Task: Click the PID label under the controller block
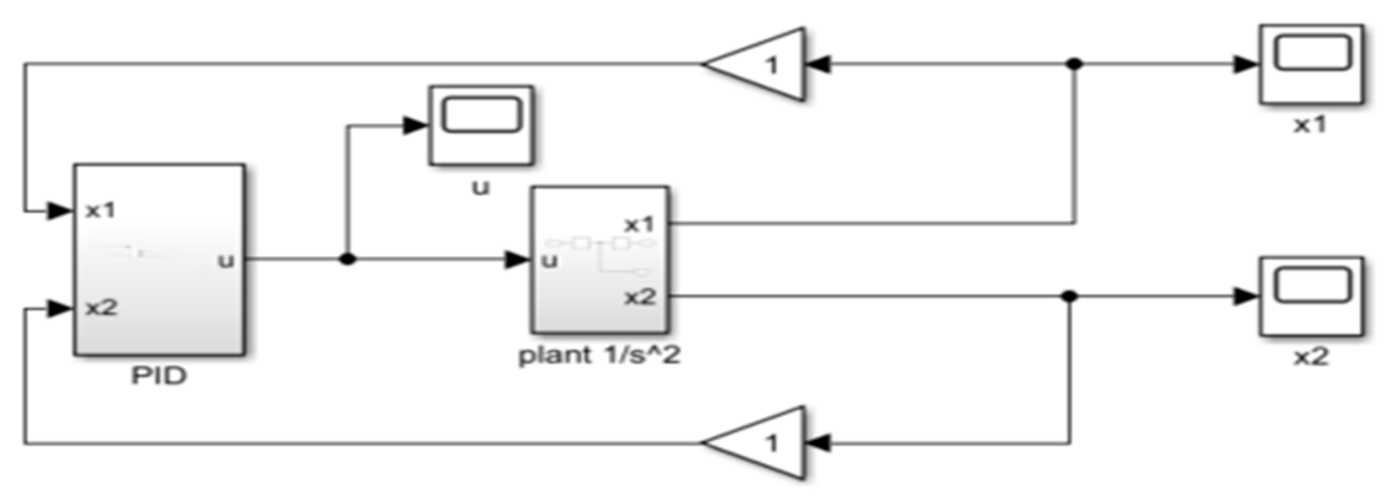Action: pos(159,376)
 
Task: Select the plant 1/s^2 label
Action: pos(599,356)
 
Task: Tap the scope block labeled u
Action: pos(481,125)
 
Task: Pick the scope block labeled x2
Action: pos(1311,296)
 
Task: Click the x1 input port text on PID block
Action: pos(100,211)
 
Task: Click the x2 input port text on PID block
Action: pos(101,307)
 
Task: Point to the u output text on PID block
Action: pos(226,261)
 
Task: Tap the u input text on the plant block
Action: pos(549,261)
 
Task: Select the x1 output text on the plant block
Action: pos(639,225)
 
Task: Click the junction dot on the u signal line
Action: pos(348,259)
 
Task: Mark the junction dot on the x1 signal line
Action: pos(1075,63)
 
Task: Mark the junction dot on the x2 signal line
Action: pos(1070,296)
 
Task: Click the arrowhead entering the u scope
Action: pos(415,126)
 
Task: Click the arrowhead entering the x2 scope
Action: pos(1245,296)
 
